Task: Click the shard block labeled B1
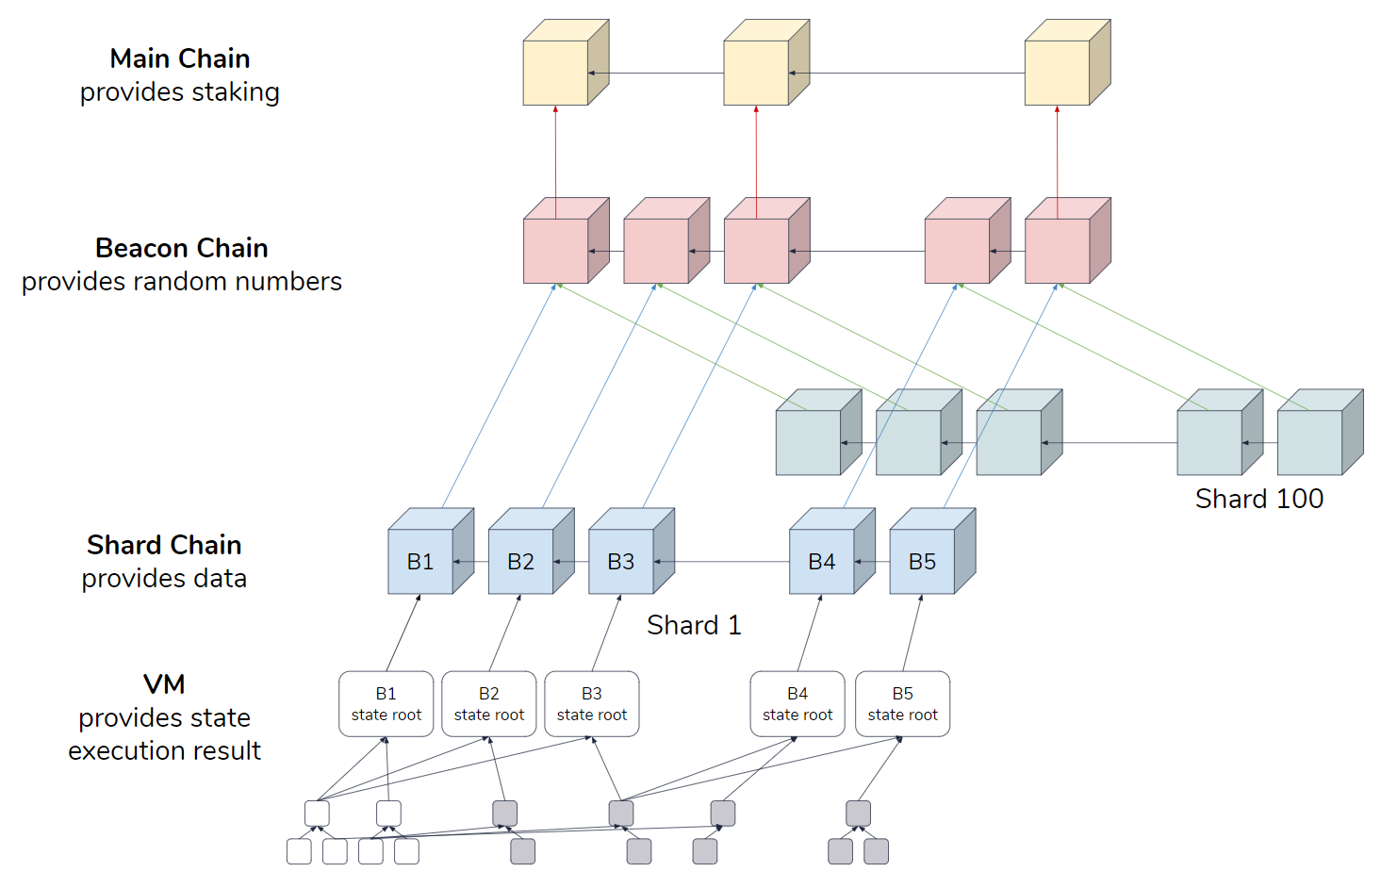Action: (x=420, y=562)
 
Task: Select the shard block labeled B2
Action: (x=520, y=562)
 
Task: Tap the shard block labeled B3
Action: (x=620, y=562)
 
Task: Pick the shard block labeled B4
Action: (x=822, y=562)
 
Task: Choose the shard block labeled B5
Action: (x=922, y=562)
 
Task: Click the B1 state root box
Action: (x=386, y=704)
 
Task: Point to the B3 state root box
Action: (x=592, y=704)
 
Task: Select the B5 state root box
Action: (x=902, y=704)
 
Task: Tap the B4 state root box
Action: (x=797, y=704)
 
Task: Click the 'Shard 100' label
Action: (x=1258, y=499)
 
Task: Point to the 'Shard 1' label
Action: (x=694, y=625)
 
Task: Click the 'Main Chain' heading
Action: (x=180, y=58)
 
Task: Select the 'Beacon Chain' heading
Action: (x=182, y=248)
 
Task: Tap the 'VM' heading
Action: (x=164, y=684)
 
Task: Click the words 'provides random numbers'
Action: (x=182, y=282)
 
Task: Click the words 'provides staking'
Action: (x=180, y=92)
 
